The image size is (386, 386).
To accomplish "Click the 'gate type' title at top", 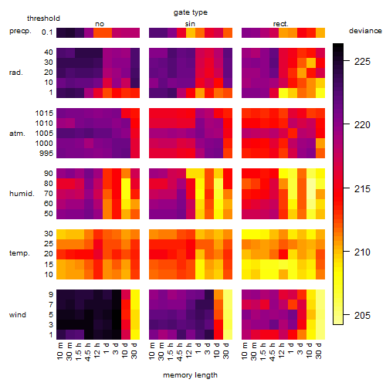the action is pyautogui.click(x=191, y=12).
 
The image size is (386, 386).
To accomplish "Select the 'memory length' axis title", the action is pyautogui.click(x=190, y=375).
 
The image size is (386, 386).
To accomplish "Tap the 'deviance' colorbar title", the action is pyautogui.click(x=365, y=31).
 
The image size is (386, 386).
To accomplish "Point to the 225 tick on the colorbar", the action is pyautogui.click(x=347, y=61).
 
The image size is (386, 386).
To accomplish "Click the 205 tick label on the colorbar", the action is pyautogui.click(x=362, y=315).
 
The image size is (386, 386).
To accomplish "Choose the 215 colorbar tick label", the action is pyautogui.click(x=362, y=188).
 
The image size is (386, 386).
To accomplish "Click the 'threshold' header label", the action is pyautogui.click(x=43, y=19).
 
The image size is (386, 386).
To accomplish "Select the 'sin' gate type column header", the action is pyautogui.click(x=190, y=24).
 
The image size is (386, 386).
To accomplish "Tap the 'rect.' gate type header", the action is pyautogui.click(x=281, y=24).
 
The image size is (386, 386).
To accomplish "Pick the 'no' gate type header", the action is pyautogui.click(x=100, y=24).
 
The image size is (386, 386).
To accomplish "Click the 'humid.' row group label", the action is pyautogui.click(x=22, y=194).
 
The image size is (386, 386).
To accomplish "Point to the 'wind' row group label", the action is pyautogui.click(x=18, y=315).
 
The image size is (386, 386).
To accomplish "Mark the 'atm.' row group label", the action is pyautogui.click(x=17, y=134).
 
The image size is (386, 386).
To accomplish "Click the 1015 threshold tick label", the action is pyautogui.click(x=44, y=113).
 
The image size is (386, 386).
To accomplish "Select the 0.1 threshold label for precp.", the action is pyautogui.click(x=47, y=32).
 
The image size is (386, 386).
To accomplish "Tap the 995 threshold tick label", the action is pyautogui.click(x=46, y=154).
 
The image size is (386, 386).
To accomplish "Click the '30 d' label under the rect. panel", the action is pyautogui.click(x=319, y=350).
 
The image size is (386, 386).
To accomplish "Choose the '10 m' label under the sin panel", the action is pyautogui.click(x=152, y=350).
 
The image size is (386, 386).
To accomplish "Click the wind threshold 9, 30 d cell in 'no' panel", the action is pyautogui.click(x=135, y=294).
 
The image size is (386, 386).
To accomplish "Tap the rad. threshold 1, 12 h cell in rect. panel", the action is pyautogui.click(x=283, y=93).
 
